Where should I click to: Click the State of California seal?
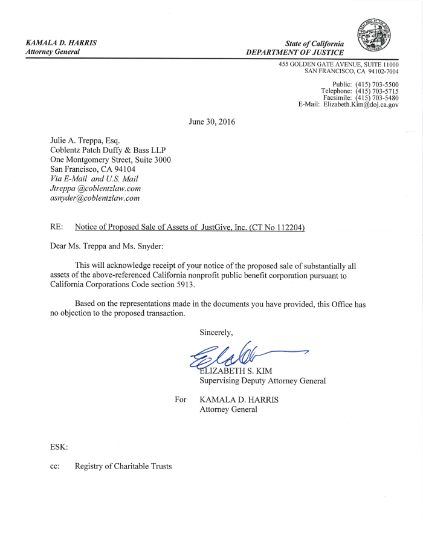click(x=373, y=34)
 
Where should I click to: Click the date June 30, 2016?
click(x=211, y=122)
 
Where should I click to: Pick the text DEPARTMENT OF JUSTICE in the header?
click(x=295, y=53)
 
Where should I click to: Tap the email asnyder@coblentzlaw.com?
click(x=95, y=198)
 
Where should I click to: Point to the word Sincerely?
click(x=216, y=332)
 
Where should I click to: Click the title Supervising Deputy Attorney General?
click(x=263, y=381)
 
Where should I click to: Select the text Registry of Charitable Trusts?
click(x=123, y=466)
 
